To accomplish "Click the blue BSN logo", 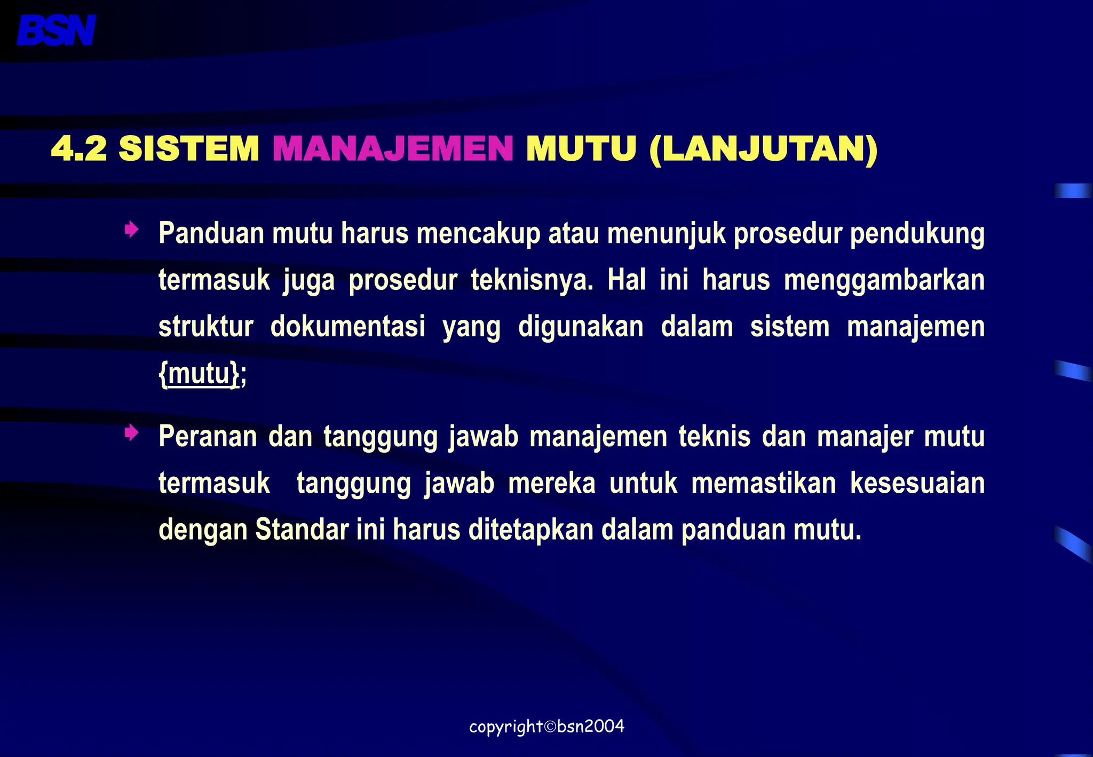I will (56, 30).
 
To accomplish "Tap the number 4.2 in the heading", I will (79, 148).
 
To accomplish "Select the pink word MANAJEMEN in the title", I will (393, 148).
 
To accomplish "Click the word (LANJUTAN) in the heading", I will (764, 149).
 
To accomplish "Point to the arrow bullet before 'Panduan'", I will (131, 231).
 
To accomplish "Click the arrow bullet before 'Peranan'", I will (131, 433).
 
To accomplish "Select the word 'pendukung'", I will (917, 234).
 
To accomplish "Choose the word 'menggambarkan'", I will (884, 280).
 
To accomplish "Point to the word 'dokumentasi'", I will (347, 327).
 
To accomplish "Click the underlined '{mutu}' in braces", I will (199, 373).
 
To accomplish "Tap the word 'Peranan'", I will (208, 437).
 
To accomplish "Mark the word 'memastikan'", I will (763, 483).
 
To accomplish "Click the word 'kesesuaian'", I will (917, 483).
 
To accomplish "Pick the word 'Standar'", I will (302, 530).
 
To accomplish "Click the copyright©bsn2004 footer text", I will (546, 727).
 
